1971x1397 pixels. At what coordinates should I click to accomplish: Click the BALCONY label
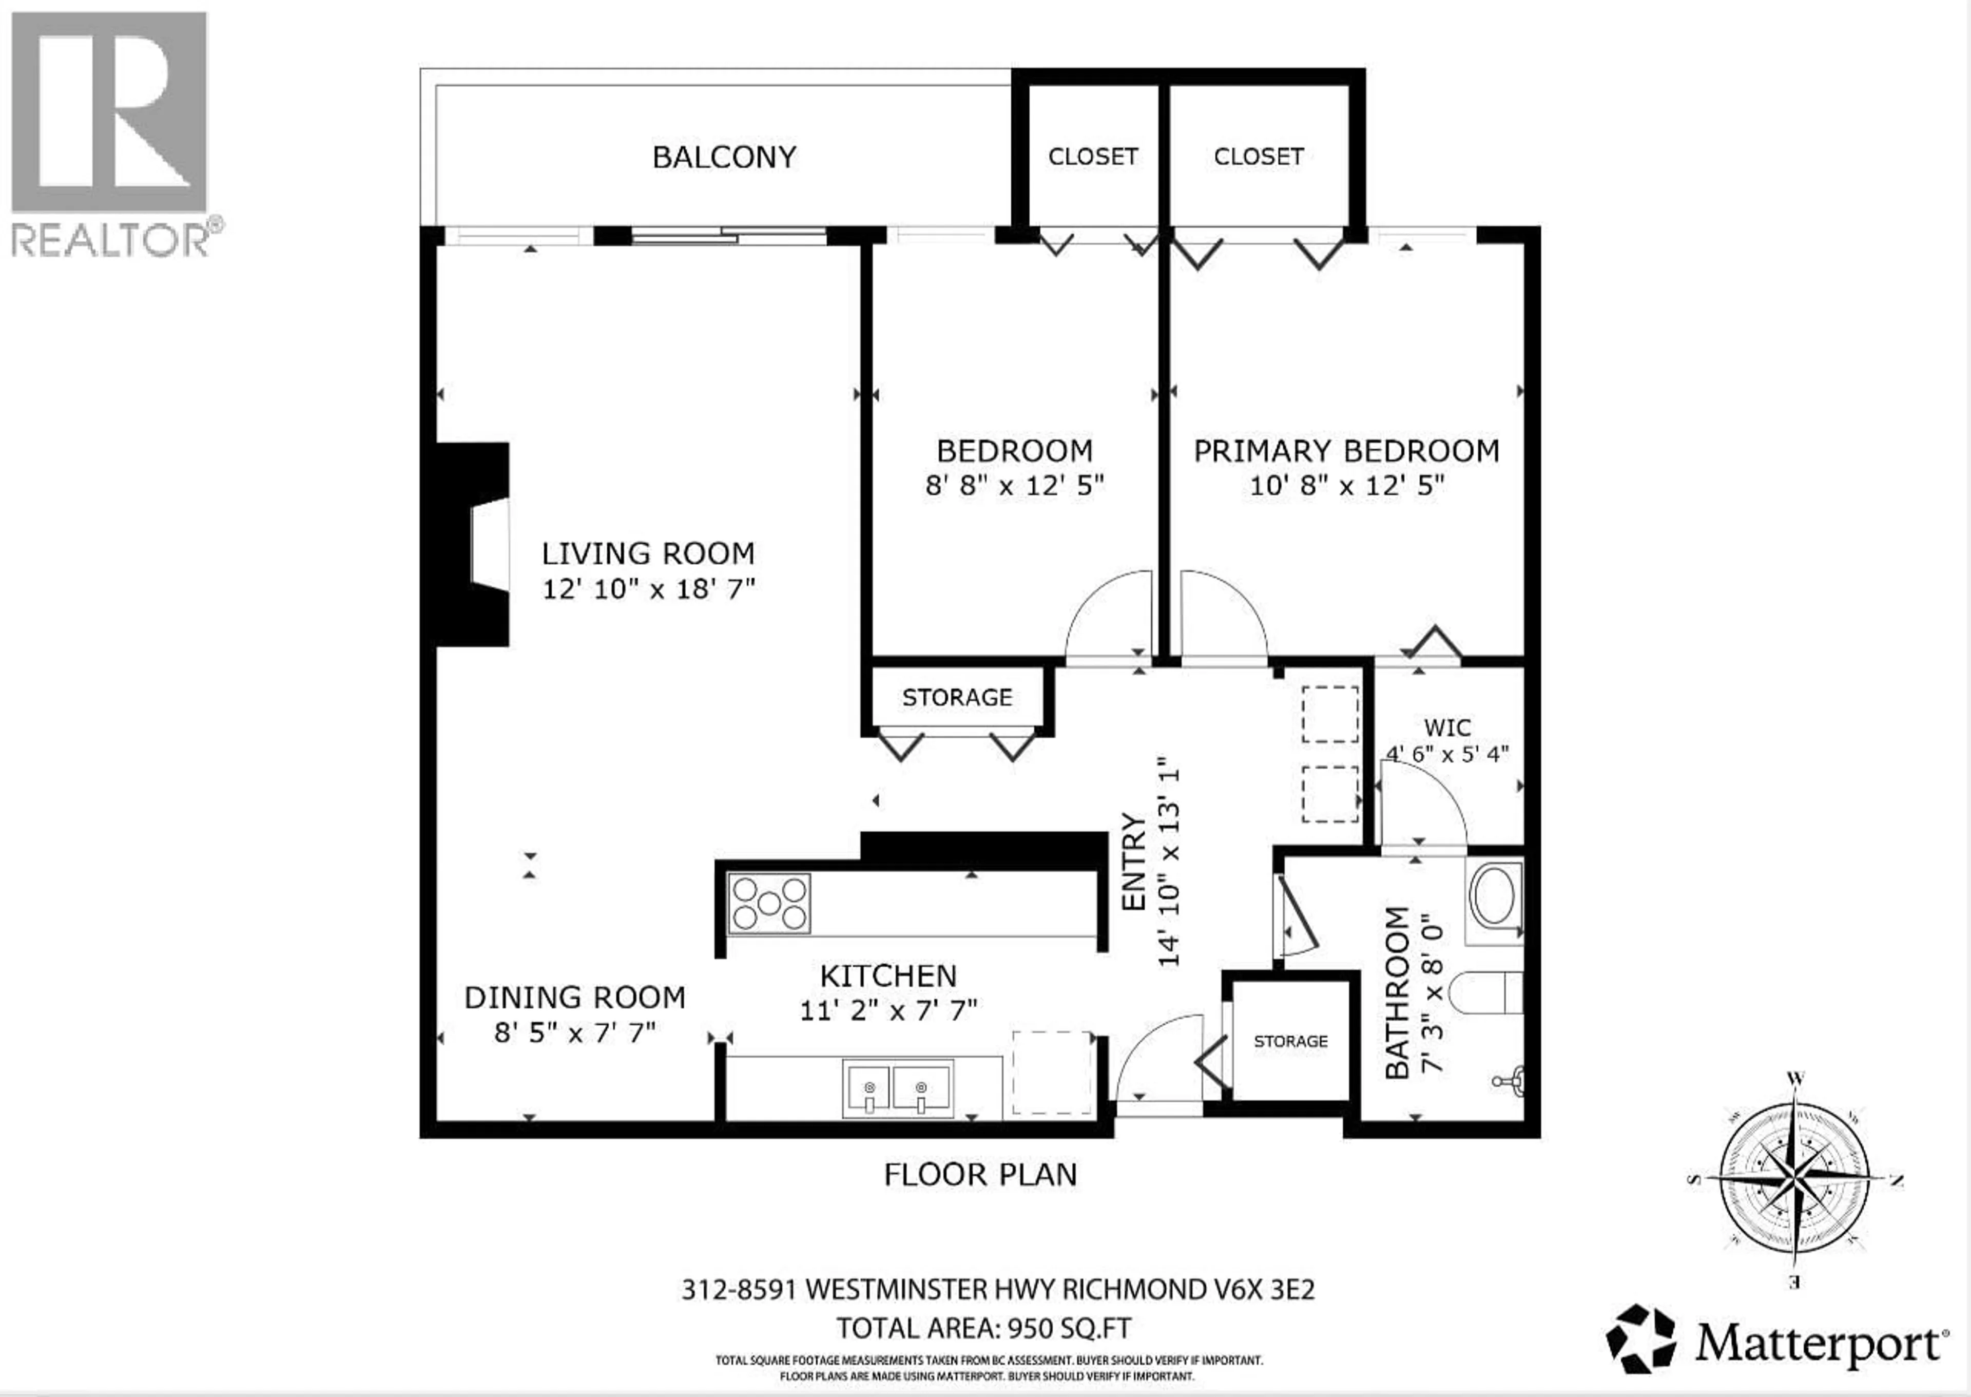coord(724,158)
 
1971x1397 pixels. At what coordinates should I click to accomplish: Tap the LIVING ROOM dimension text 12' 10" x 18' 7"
coord(648,589)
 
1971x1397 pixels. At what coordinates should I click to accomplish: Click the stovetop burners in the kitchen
coord(769,903)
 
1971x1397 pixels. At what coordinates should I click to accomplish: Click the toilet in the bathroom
coord(1486,993)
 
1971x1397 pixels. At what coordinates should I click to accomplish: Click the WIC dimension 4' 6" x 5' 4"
coord(1447,754)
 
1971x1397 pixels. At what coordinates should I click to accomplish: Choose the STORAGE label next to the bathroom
coord(1290,1042)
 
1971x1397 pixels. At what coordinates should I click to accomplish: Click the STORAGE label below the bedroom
coord(957,698)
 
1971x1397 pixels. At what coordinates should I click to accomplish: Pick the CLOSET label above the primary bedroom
coord(1258,157)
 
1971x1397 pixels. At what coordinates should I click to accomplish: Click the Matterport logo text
coord(1817,1343)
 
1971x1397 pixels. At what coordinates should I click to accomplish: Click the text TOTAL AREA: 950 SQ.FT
coord(984,1329)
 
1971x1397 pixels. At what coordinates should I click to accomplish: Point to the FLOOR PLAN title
coord(980,1175)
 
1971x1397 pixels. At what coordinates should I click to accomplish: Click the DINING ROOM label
coord(574,998)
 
